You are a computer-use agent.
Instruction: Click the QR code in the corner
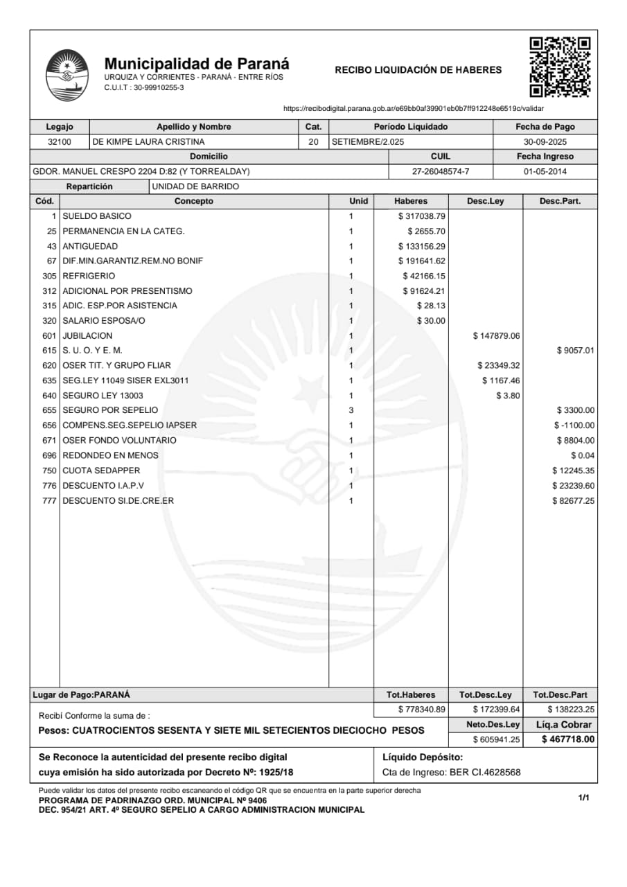[x=560, y=67]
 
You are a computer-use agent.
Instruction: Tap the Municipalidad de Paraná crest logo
[x=67, y=75]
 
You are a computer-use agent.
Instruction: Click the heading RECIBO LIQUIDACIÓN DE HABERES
[x=418, y=70]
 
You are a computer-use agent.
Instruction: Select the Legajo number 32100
[x=60, y=142]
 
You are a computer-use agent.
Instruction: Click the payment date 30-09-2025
[x=545, y=142]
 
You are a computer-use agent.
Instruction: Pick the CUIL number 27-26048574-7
[x=441, y=171]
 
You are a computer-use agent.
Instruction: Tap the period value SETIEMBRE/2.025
[x=368, y=142]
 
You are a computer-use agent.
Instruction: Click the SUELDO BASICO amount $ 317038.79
[x=421, y=216]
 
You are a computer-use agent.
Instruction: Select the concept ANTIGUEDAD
[x=90, y=246]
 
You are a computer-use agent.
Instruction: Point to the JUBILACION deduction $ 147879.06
[x=496, y=336]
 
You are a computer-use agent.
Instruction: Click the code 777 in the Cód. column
[x=49, y=501]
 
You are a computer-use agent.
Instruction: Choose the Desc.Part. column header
[x=560, y=201]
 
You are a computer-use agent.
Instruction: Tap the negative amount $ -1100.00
[x=574, y=425]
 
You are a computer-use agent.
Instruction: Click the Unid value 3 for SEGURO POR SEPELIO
[x=351, y=410]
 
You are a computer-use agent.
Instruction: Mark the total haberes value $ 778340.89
[x=421, y=710]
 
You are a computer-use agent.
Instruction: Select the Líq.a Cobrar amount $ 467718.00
[x=568, y=739]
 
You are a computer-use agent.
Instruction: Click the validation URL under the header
[x=414, y=109]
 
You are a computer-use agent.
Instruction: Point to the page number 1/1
[x=583, y=798]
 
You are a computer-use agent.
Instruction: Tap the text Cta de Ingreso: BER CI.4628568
[x=451, y=773]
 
